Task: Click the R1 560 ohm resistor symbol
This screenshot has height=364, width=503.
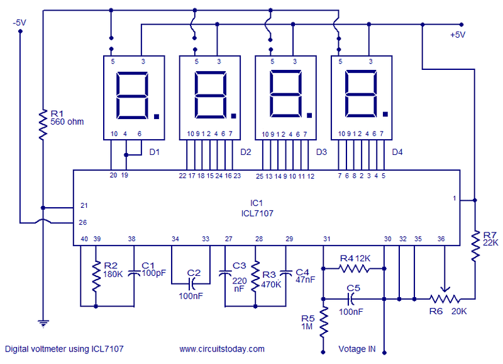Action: tap(43, 125)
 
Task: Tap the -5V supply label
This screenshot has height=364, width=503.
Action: tap(19, 23)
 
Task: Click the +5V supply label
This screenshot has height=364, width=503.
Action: tap(457, 35)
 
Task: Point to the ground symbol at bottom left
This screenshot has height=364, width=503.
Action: tap(43, 323)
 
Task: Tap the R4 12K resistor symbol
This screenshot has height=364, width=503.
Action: tap(354, 268)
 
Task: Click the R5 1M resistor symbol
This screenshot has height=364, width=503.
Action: tap(324, 321)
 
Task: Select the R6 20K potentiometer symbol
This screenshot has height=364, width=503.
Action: tap(443, 299)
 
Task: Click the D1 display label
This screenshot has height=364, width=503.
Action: tap(155, 152)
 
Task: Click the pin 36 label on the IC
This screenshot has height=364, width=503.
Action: tap(441, 239)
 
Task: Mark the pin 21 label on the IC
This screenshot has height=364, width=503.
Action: tap(84, 206)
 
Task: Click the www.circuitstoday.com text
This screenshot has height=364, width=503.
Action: tap(221, 348)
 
